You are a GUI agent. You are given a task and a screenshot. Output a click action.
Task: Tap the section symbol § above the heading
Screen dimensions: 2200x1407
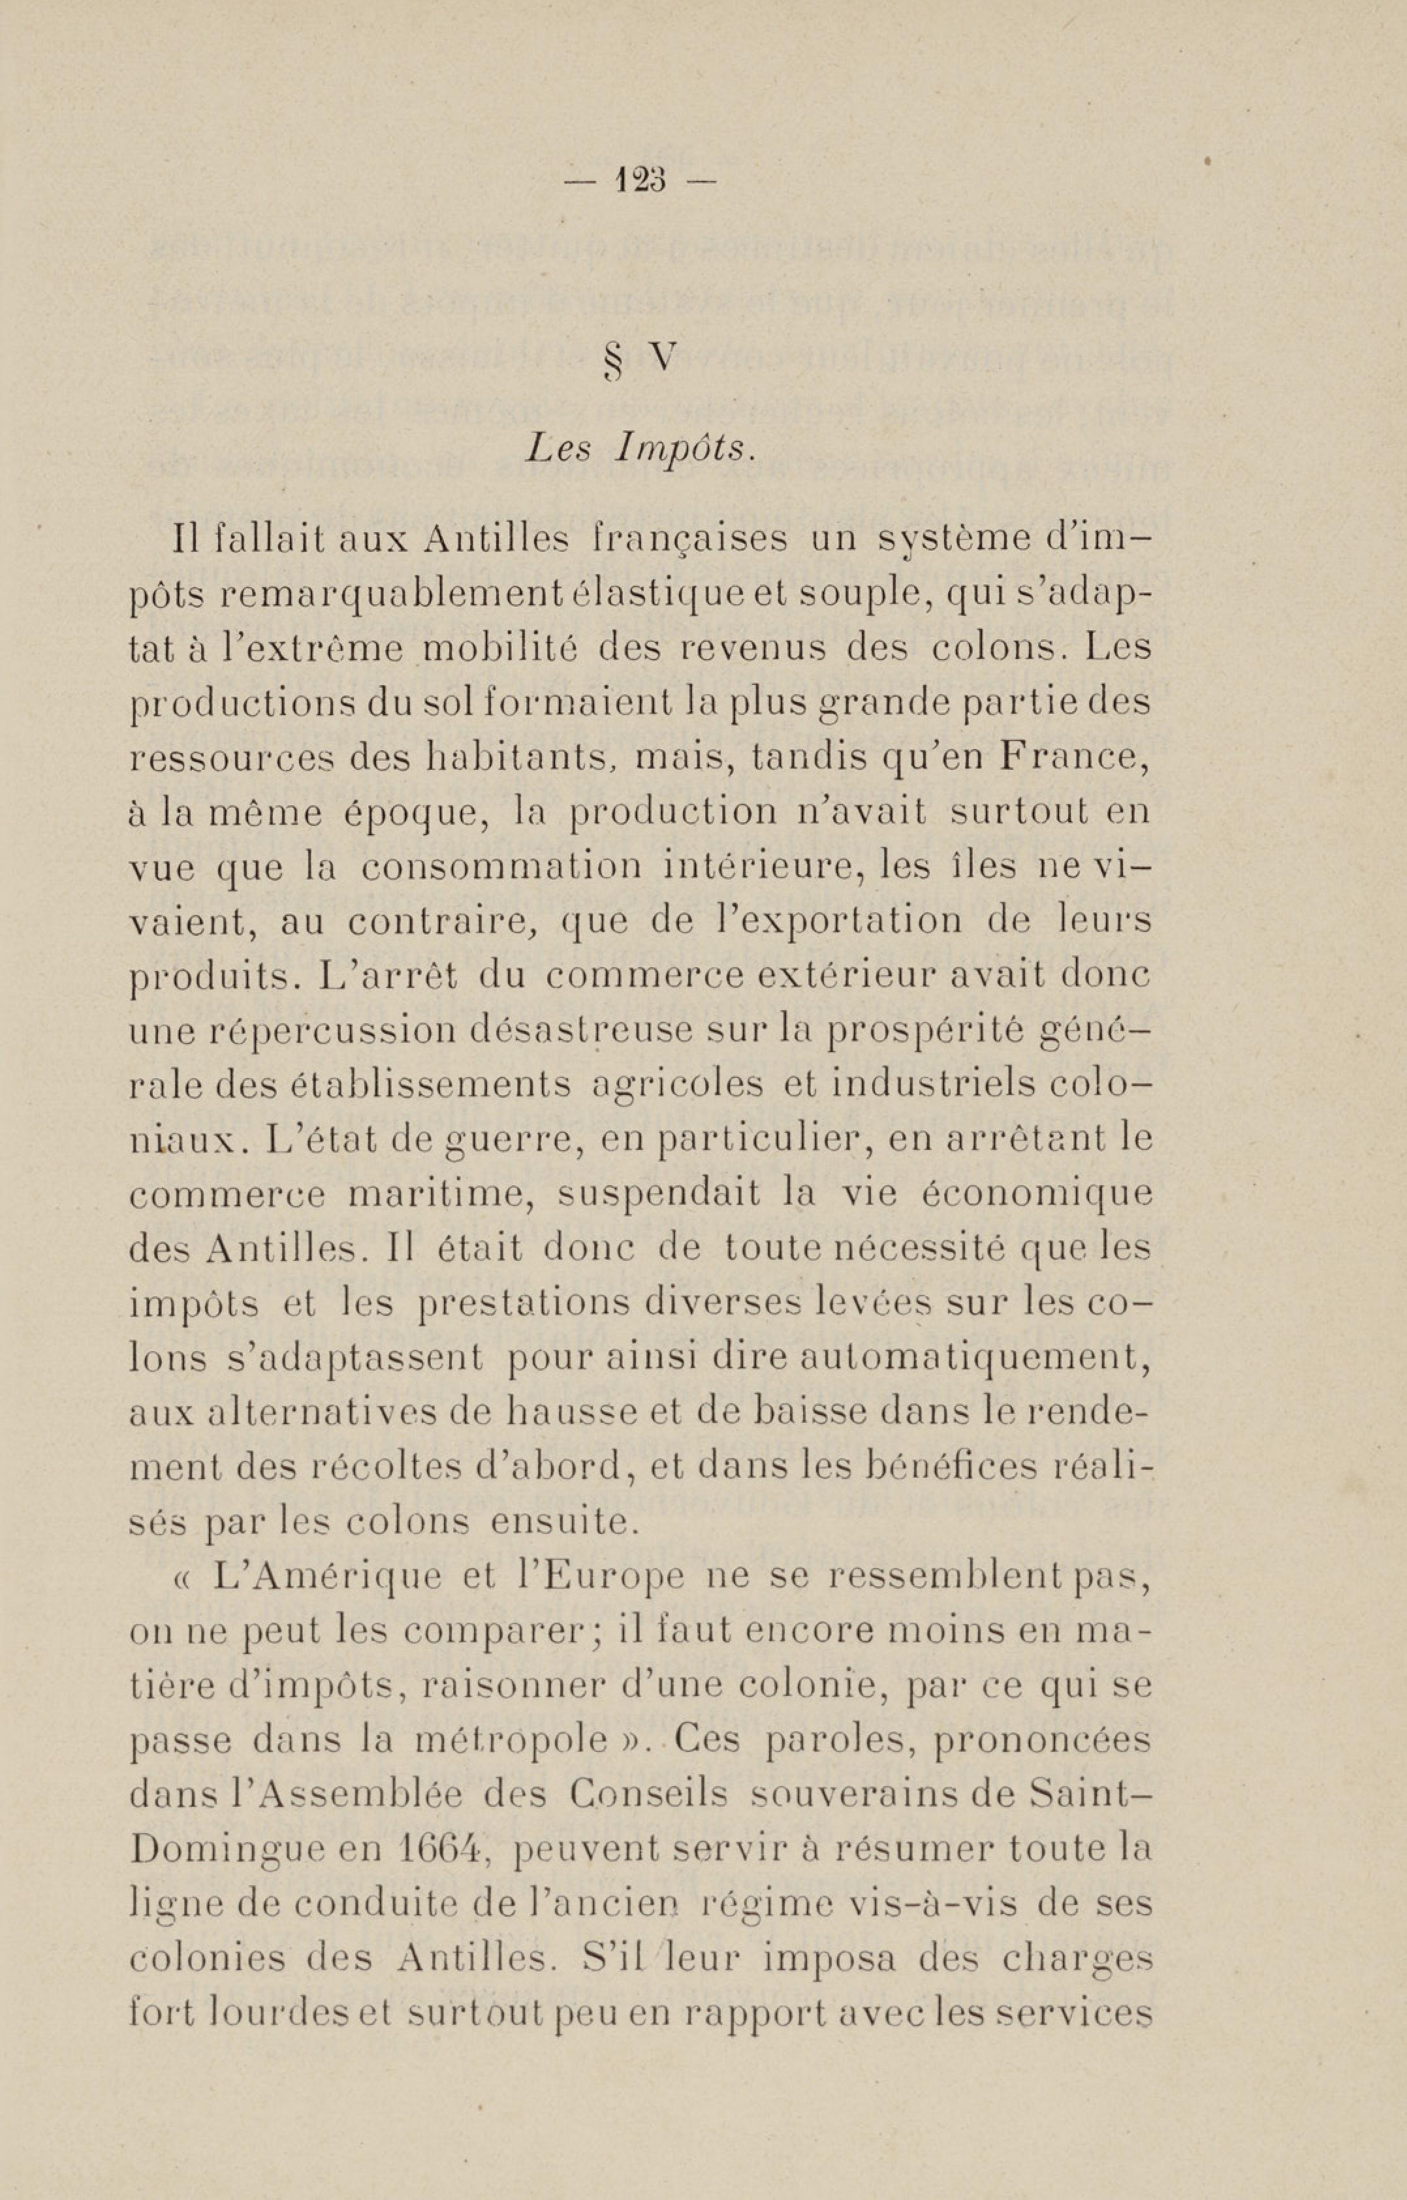(613, 361)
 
